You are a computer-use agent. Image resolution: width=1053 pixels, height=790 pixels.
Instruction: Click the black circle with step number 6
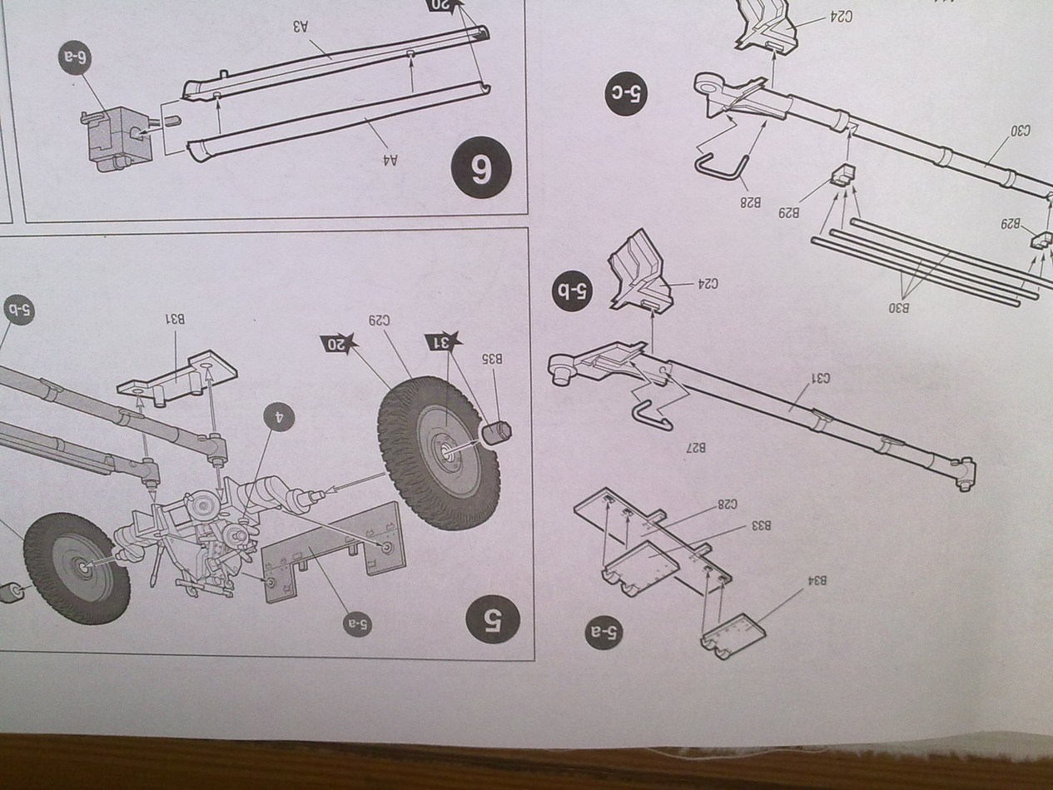(481, 168)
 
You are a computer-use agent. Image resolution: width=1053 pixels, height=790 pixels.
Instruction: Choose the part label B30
(898, 307)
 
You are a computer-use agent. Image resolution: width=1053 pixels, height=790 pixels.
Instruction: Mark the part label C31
(821, 379)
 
